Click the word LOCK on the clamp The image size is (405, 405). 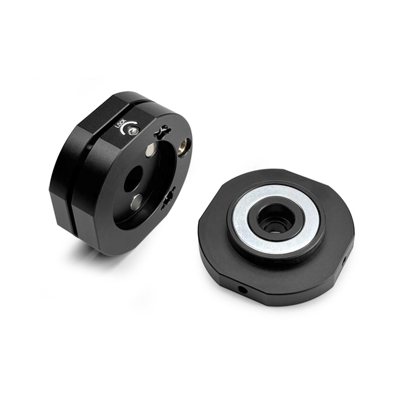(x=120, y=124)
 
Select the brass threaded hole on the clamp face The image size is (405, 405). (x=185, y=145)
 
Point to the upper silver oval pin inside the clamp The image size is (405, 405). (x=150, y=150)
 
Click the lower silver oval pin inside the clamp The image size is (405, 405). (x=136, y=200)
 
